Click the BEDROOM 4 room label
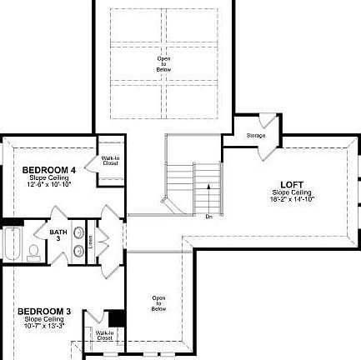click(x=48, y=170)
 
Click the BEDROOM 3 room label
click(x=44, y=312)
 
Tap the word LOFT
click(x=292, y=185)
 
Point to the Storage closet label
click(x=256, y=135)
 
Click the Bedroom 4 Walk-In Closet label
click(x=110, y=161)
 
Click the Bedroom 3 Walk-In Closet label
click(x=104, y=336)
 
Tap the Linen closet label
click(x=90, y=241)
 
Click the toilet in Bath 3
click(x=33, y=251)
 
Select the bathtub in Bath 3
click(x=12, y=243)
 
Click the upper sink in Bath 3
click(x=78, y=233)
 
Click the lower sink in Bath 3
click(x=78, y=251)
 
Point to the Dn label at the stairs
click(x=208, y=217)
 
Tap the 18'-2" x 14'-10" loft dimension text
click(x=292, y=200)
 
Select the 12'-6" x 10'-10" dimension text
click(x=49, y=184)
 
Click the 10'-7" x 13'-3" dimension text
click(x=44, y=326)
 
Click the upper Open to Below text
click(x=163, y=64)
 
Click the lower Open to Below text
click(x=158, y=302)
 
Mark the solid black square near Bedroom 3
click(x=117, y=318)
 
